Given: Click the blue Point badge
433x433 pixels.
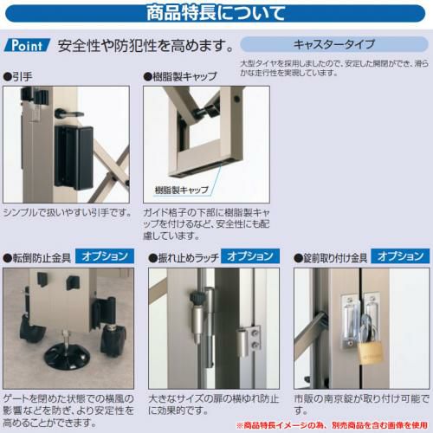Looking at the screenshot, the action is (27, 45).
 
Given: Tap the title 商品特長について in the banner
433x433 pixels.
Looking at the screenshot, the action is (216, 13).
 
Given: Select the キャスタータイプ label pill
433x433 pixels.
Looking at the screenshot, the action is (334, 44).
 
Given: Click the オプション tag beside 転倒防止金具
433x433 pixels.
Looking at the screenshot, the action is (105, 256).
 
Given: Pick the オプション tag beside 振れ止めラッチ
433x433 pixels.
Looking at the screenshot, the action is (250, 256).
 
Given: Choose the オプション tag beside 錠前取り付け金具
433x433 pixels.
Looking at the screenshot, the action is (400, 256).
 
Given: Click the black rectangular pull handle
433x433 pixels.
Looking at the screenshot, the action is (74, 158).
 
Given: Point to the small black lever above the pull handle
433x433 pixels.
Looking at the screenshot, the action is (68, 113).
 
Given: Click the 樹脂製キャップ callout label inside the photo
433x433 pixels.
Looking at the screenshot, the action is (182, 190).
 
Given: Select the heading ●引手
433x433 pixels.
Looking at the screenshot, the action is (18, 77).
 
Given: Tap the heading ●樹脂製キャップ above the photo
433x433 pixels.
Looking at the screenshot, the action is (180, 77).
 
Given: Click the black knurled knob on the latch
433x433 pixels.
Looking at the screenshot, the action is (197, 299).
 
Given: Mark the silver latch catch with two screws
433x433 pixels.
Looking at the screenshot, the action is (249, 340).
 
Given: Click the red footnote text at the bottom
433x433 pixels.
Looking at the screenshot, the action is (333, 425).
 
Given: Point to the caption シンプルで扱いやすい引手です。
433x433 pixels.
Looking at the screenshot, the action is (68, 213).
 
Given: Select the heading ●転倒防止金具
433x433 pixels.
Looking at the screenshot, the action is (37, 258).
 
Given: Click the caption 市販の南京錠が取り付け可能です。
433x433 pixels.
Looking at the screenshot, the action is (361, 404).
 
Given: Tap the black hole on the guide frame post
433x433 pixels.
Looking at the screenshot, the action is (237, 100).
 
